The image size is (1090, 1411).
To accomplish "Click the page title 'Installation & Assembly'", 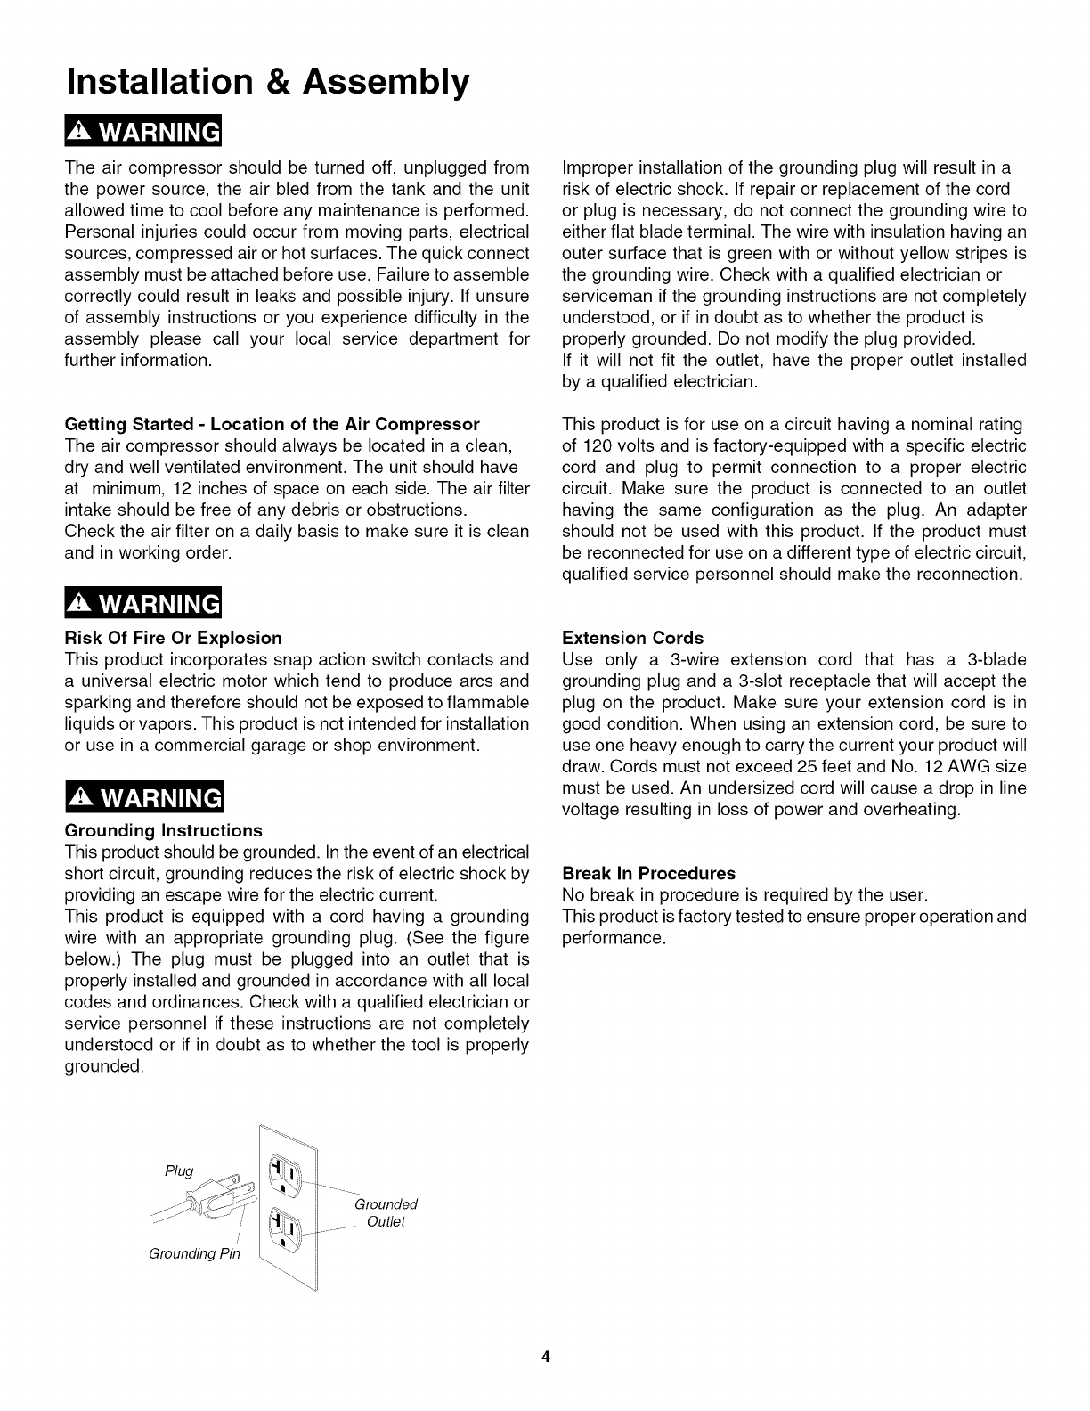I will click(x=266, y=81).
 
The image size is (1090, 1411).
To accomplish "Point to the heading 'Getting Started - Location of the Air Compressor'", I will click(x=272, y=423).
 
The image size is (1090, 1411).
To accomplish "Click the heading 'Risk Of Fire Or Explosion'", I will click(x=174, y=638).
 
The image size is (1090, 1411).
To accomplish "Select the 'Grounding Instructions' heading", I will click(x=164, y=830).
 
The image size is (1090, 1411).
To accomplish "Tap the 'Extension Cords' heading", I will click(x=632, y=638).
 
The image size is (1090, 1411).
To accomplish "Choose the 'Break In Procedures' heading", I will click(x=649, y=873).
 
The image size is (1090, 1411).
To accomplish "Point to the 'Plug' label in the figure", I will click(x=179, y=1170).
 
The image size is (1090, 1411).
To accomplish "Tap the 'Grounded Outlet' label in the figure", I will click(x=386, y=1212).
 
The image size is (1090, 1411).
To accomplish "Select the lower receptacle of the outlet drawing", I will click(x=286, y=1228).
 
